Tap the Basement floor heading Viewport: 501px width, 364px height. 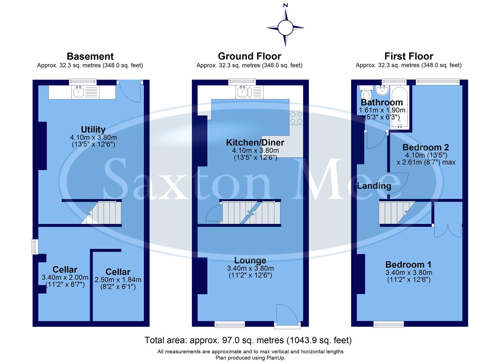click(90, 56)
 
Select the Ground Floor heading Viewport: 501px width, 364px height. click(249, 56)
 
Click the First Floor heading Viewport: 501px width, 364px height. click(409, 56)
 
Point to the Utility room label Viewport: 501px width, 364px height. click(93, 130)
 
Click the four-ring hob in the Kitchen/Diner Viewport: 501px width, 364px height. click(296, 118)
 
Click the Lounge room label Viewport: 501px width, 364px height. click(250, 261)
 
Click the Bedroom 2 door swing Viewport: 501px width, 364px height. click(398, 182)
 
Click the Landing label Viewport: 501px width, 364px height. click(374, 186)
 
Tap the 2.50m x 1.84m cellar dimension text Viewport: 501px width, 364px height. click(118, 280)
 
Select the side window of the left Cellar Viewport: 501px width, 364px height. click(34, 247)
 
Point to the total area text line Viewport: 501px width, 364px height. click(248, 340)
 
